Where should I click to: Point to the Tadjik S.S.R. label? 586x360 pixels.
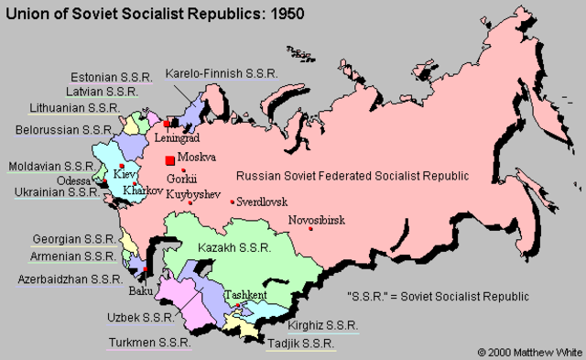pos(298,343)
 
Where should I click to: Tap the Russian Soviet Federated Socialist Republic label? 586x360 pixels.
pos(353,175)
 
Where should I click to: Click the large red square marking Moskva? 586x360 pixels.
pos(169,159)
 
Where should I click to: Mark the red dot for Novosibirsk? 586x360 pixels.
pos(311,228)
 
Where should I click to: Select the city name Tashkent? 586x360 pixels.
pos(245,294)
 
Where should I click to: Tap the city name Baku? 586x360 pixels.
pos(143,292)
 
